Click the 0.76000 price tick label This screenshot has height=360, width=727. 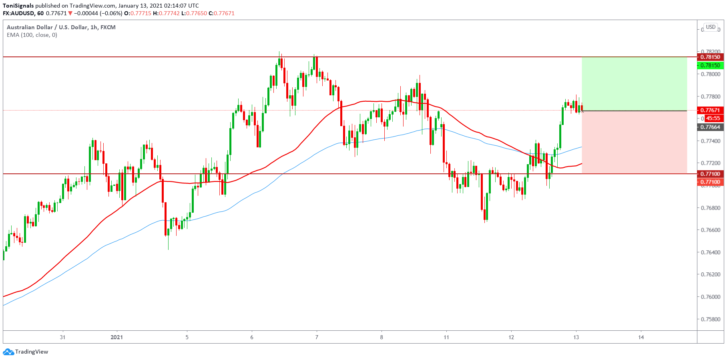pyautogui.click(x=710, y=297)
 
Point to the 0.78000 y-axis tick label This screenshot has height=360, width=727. pyautogui.click(x=710, y=74)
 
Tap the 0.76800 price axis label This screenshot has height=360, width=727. pyautogui.click(x=710, y=208)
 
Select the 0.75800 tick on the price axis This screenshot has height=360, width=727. pyautogui.click(x=710, y=319)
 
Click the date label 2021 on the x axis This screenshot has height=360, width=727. pyautogui.click(x=116, y=337)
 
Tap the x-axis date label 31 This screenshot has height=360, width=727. pyautogui.click(x=62, y=337)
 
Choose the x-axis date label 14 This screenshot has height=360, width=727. pyautogui.click(x=641, y=337)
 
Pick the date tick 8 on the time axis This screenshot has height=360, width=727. pyautogui.click(x=382, y=337)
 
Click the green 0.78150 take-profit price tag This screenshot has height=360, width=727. pyautogui.click(x=710, y=65)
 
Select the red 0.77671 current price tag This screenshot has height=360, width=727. pyautogui.click(x=710, y=110)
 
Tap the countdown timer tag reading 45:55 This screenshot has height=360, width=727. pyautogui.click(x=713, y=118)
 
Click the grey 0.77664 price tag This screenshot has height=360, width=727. pyautogui.click(x=710, y=127)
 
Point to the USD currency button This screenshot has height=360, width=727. pyautogui.click(x=711, y=27)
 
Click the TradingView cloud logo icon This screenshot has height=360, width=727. pyautogui.click(x=8, y=352)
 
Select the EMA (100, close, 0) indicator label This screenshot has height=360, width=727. pyautogui.click(x=32, y=35)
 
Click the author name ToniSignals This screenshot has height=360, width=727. pyautogui.click(x=18, y=6)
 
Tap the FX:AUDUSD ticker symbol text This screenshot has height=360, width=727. pyautogui.click(x=18, y=13)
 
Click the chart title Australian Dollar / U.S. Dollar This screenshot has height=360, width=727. pyautogui.click(x=47, y=27)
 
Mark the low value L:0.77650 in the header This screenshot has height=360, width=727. pyautogui.click(x=194, y=13)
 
